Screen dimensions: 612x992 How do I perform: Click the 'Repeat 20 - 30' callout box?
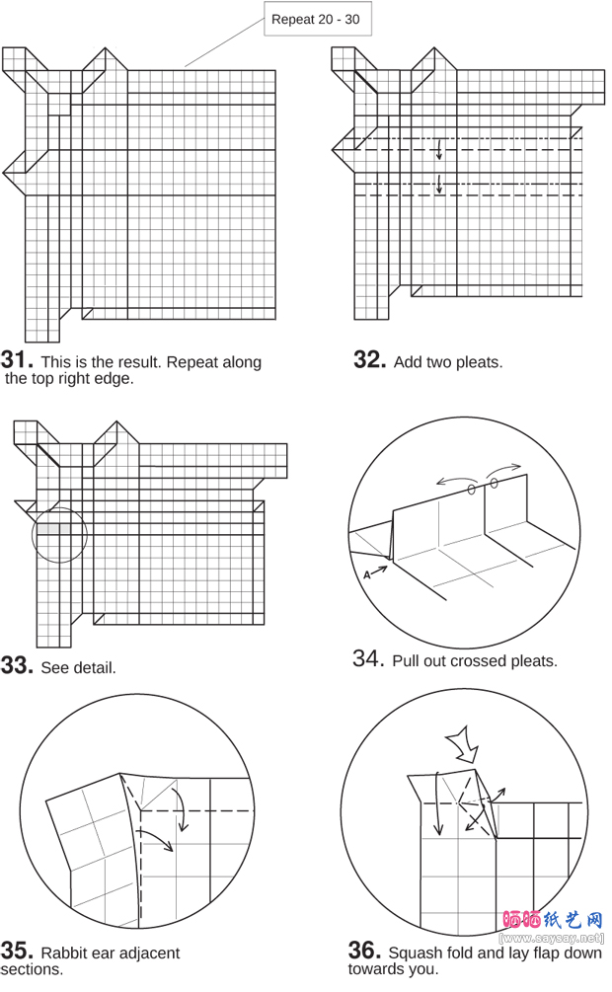(x=318, y=19)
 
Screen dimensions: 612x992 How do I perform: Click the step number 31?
(x=17, y=360)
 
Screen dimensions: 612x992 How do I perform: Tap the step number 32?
(x=370, y=360)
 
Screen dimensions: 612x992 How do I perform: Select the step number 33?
(x=17, y=665)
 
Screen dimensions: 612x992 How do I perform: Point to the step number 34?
(x=368, y=658)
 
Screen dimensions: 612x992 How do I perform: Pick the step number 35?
(x=17, y=951)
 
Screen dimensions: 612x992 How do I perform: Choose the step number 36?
(x=364, y=951)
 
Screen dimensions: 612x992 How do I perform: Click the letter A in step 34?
(x=367, y=575)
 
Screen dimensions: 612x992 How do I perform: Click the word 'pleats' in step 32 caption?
(x=481, y=362)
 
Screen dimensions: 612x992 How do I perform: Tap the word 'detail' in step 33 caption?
(x=95, y=668)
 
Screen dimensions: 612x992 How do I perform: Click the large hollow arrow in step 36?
(x=465, y=745)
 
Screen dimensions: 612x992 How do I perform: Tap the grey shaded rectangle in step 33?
(x=53, y=528)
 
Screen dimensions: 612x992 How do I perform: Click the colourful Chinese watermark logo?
(x=553, y=919)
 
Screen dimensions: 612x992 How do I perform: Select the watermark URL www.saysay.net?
(x=552, y=939)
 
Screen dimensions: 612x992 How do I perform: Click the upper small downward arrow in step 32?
(x=438, y=149)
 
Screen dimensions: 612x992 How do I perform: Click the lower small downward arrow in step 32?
(x=438, y=184)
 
